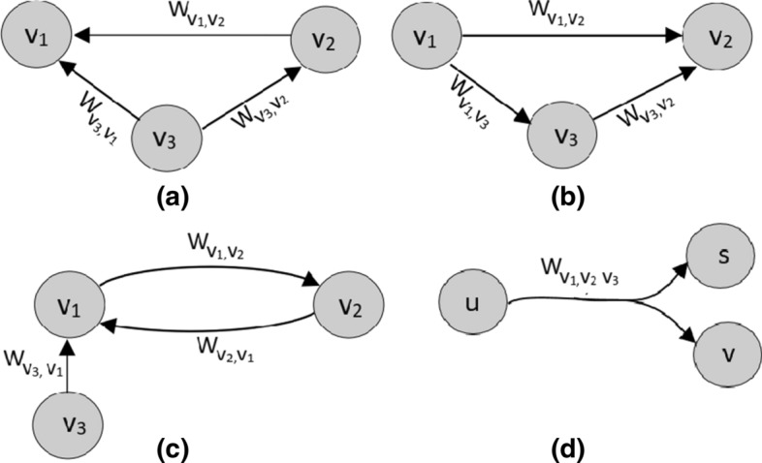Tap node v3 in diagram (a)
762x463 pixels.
click(x=166, y=135)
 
